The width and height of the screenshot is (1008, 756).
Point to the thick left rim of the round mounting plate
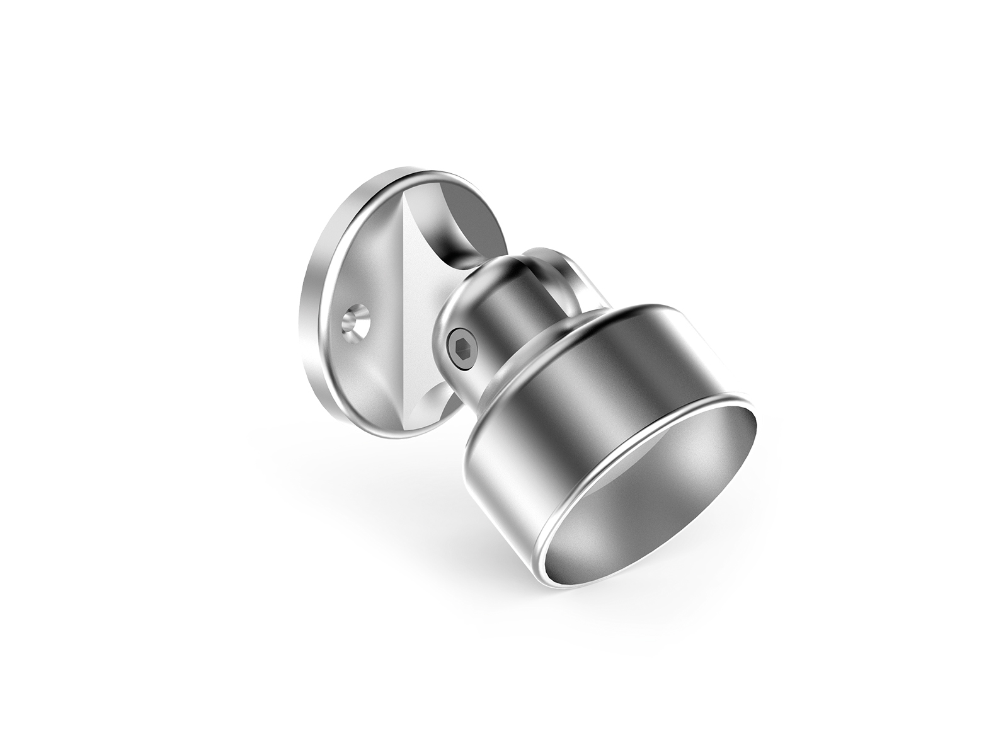click(313, 296)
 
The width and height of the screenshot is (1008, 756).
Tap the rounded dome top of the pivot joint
click(504, 265)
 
